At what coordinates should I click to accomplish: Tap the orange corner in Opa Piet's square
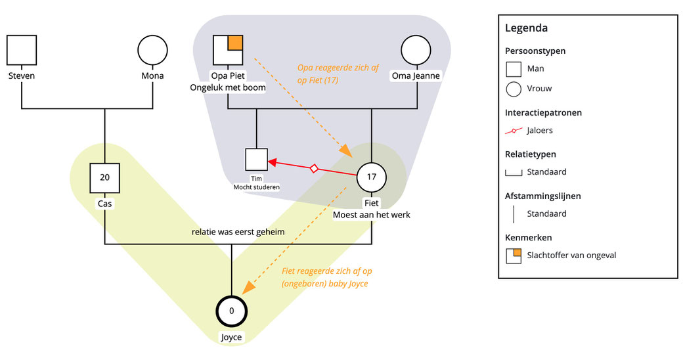coord(235,43)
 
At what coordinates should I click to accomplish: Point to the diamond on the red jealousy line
coord(314,169)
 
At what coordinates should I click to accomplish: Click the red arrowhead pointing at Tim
coord(273,162)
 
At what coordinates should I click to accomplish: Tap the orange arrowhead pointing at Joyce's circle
coord(248,288)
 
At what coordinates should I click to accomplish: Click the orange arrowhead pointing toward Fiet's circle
coord(347,150)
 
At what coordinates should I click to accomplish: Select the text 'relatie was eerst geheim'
coord(238,232)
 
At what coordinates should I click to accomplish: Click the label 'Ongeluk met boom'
coord(228,87)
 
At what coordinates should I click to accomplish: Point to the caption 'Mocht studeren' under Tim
coord(257,187)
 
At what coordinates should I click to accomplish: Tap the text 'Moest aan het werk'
coord(372,215)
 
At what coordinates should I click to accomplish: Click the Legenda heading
coord(526,28)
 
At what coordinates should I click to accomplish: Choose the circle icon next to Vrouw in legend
coord(514,89)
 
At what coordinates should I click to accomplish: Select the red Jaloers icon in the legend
coord(514,130)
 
